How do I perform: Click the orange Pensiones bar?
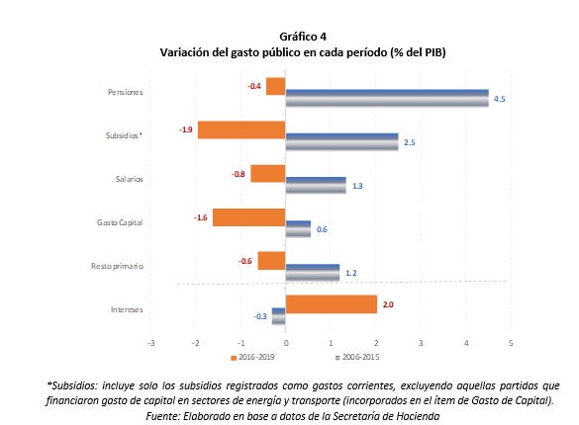click(276, 86)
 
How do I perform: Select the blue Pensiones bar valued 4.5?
click(387, 98)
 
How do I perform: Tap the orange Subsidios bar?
click(241, 129)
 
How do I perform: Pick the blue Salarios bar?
click(316, 185)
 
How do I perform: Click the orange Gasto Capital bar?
click(248, 217)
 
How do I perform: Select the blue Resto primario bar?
click(313, 273)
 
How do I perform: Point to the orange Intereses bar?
click(332, 304)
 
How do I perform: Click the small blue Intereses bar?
click(279, 316)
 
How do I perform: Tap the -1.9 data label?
click(186, 129)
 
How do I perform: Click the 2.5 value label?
click(409, 142)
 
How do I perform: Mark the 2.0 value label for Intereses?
click(388, 304)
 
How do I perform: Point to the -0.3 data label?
click(260, 316)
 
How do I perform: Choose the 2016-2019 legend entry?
click(253, 357)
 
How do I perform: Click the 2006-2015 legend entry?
click(357, 357)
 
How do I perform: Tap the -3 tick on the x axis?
click(150, 343)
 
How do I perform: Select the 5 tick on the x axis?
click(511, 343)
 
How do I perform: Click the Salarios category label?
click(130, 179)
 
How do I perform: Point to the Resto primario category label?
click(117, 266)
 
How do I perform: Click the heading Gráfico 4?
click(303, 37)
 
